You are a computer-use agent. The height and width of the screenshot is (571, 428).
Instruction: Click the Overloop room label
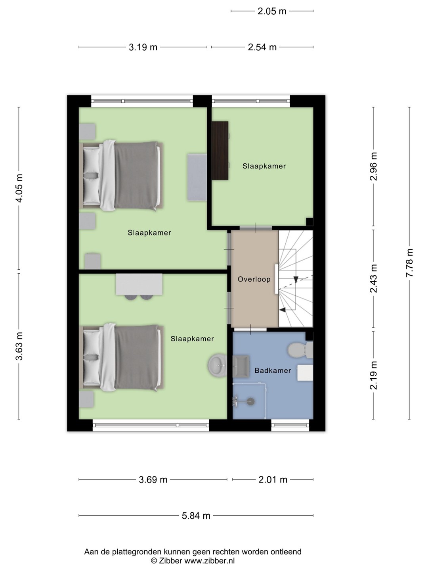254,279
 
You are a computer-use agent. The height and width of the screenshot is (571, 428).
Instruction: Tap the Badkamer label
273,370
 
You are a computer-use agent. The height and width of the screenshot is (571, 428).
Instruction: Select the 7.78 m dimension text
409,263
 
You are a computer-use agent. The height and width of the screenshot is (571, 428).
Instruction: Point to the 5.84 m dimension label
196,515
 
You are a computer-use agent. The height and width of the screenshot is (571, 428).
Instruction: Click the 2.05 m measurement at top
272,11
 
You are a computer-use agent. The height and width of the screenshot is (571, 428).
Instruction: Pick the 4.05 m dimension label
19,188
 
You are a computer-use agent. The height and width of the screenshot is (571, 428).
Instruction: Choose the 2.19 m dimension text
373,375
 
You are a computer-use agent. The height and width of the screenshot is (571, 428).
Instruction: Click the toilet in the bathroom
301,350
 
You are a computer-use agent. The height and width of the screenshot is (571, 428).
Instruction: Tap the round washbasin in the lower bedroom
217,365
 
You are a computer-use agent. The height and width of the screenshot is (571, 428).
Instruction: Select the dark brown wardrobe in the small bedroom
220,150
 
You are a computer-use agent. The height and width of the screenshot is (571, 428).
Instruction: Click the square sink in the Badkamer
241,366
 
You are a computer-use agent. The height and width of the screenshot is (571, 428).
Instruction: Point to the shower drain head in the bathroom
251,401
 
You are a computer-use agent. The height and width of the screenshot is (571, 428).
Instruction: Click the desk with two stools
139,287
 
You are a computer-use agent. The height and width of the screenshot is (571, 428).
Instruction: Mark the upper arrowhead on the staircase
296,280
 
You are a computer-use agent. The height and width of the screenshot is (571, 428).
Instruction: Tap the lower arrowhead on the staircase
283,310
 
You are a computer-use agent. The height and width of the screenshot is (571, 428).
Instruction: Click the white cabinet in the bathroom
305,373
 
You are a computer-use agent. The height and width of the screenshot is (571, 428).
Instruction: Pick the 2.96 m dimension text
373,166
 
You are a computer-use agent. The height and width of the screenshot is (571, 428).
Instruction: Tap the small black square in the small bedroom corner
310,222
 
